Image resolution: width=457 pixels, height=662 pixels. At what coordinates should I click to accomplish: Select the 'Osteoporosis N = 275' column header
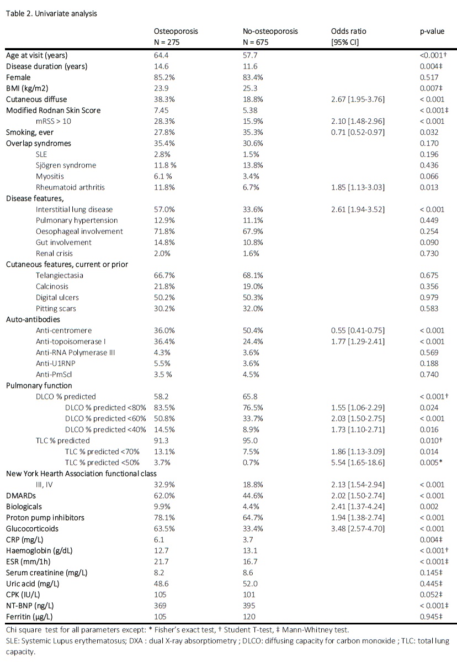tap(176, 36)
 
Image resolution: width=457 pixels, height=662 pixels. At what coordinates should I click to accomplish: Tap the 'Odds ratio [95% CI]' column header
tap(348, 36)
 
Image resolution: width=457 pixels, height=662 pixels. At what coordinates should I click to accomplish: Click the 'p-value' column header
tap(432, 31)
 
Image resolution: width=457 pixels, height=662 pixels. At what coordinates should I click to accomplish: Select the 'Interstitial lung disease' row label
tap(74, 209)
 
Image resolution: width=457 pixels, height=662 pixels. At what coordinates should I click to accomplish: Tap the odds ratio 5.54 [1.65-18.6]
tap(357, 462)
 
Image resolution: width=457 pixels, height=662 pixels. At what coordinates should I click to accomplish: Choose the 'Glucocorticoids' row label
tap(33, 528)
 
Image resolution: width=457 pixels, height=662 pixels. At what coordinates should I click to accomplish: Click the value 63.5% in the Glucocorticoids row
tap(163, 528)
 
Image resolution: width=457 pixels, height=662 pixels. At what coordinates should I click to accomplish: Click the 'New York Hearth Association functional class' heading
tap(82, 473)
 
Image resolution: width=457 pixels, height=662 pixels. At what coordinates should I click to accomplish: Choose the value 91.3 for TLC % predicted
tap(161, 440)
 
